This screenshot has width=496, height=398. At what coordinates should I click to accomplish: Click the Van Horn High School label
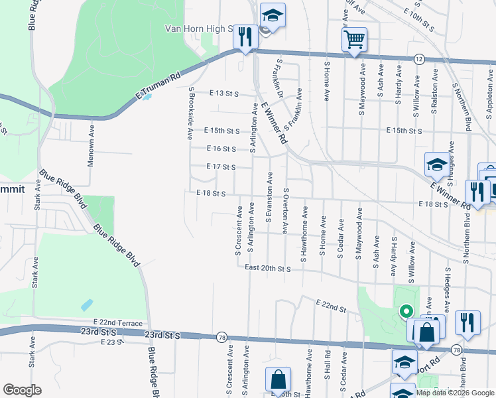click(199, 29)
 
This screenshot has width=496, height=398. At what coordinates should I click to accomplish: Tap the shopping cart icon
click(354, 39)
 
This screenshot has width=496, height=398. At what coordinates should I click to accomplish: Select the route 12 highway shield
click(418, 59)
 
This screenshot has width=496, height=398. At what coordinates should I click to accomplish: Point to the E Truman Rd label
click(158, 86)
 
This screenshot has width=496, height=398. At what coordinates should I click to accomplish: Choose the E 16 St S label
click(221, 149)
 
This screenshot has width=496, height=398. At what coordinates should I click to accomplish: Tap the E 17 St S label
click(221, 166)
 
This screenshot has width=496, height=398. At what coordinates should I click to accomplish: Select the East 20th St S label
click(267, 269)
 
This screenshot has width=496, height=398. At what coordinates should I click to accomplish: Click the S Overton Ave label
click(286, 210)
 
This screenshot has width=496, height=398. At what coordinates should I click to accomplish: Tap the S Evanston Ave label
click(269, 196)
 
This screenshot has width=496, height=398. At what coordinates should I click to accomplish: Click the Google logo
click(22, 390)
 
